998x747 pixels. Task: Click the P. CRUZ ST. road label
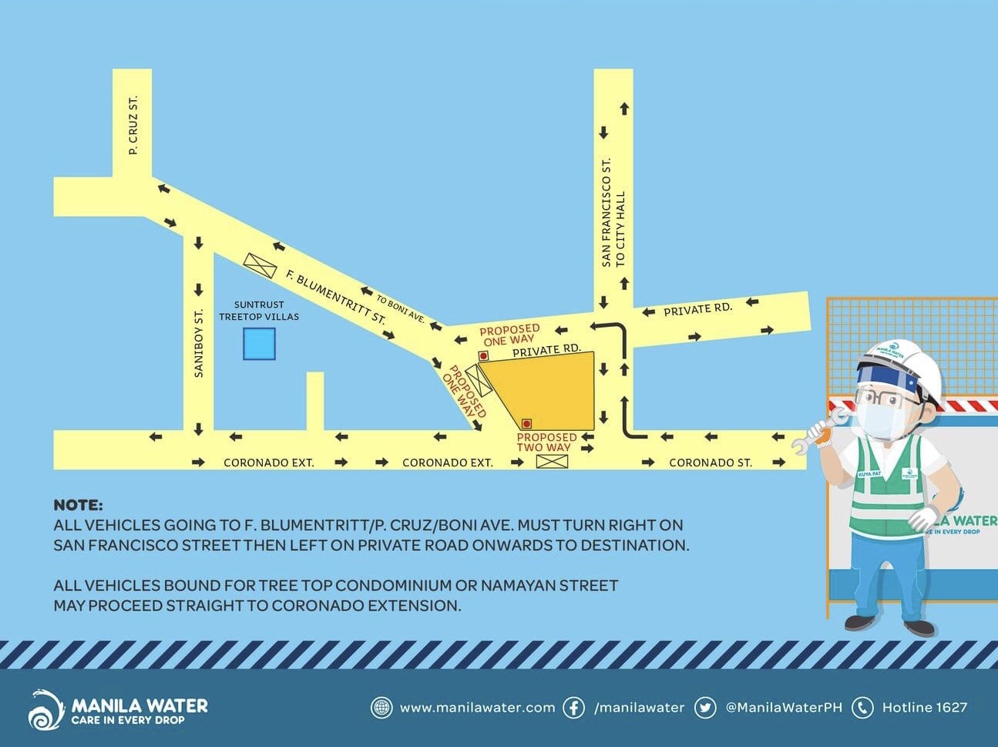133,125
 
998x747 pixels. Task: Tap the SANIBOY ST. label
199,343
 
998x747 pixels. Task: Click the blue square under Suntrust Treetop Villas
259,344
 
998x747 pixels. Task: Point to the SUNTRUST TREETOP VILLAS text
259,311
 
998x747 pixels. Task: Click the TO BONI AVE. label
401,310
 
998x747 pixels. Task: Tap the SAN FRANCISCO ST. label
606,212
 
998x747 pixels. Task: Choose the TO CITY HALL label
620,229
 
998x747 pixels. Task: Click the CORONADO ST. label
711,463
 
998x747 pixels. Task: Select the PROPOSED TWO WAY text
546,442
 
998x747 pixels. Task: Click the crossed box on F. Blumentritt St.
260,265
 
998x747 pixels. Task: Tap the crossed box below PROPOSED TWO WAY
552,462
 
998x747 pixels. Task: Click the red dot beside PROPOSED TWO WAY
526,424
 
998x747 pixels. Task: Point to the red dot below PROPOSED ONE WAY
483,355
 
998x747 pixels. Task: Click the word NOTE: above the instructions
78,505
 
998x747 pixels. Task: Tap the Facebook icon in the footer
573,708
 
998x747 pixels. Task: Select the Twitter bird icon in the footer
705,708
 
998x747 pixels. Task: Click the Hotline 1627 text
925,708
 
